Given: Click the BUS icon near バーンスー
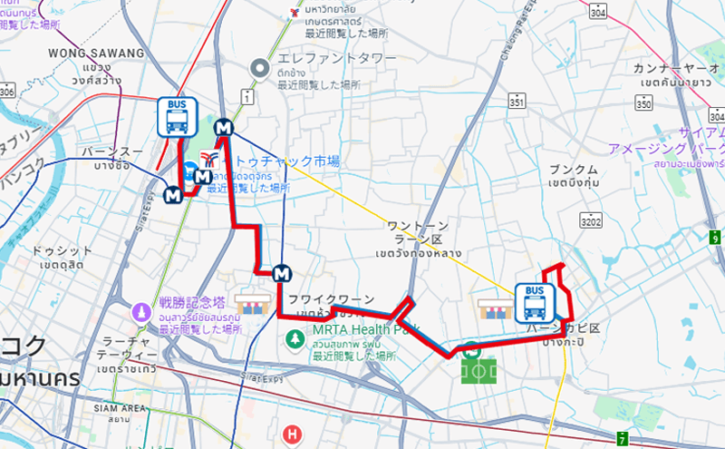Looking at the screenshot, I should (x=178, y=117).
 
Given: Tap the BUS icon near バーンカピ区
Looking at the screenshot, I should (x=535, y=302).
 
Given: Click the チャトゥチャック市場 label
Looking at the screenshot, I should (x=281, y=161).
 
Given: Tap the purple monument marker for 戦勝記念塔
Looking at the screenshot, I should (x=140, y=310).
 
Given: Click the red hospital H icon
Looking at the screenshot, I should (x=291, y=435).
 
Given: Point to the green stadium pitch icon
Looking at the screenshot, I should (x=479, y=369).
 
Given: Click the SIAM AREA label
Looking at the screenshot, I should (x=121, y=408).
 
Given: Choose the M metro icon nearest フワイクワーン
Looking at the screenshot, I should (x=284, y=272).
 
